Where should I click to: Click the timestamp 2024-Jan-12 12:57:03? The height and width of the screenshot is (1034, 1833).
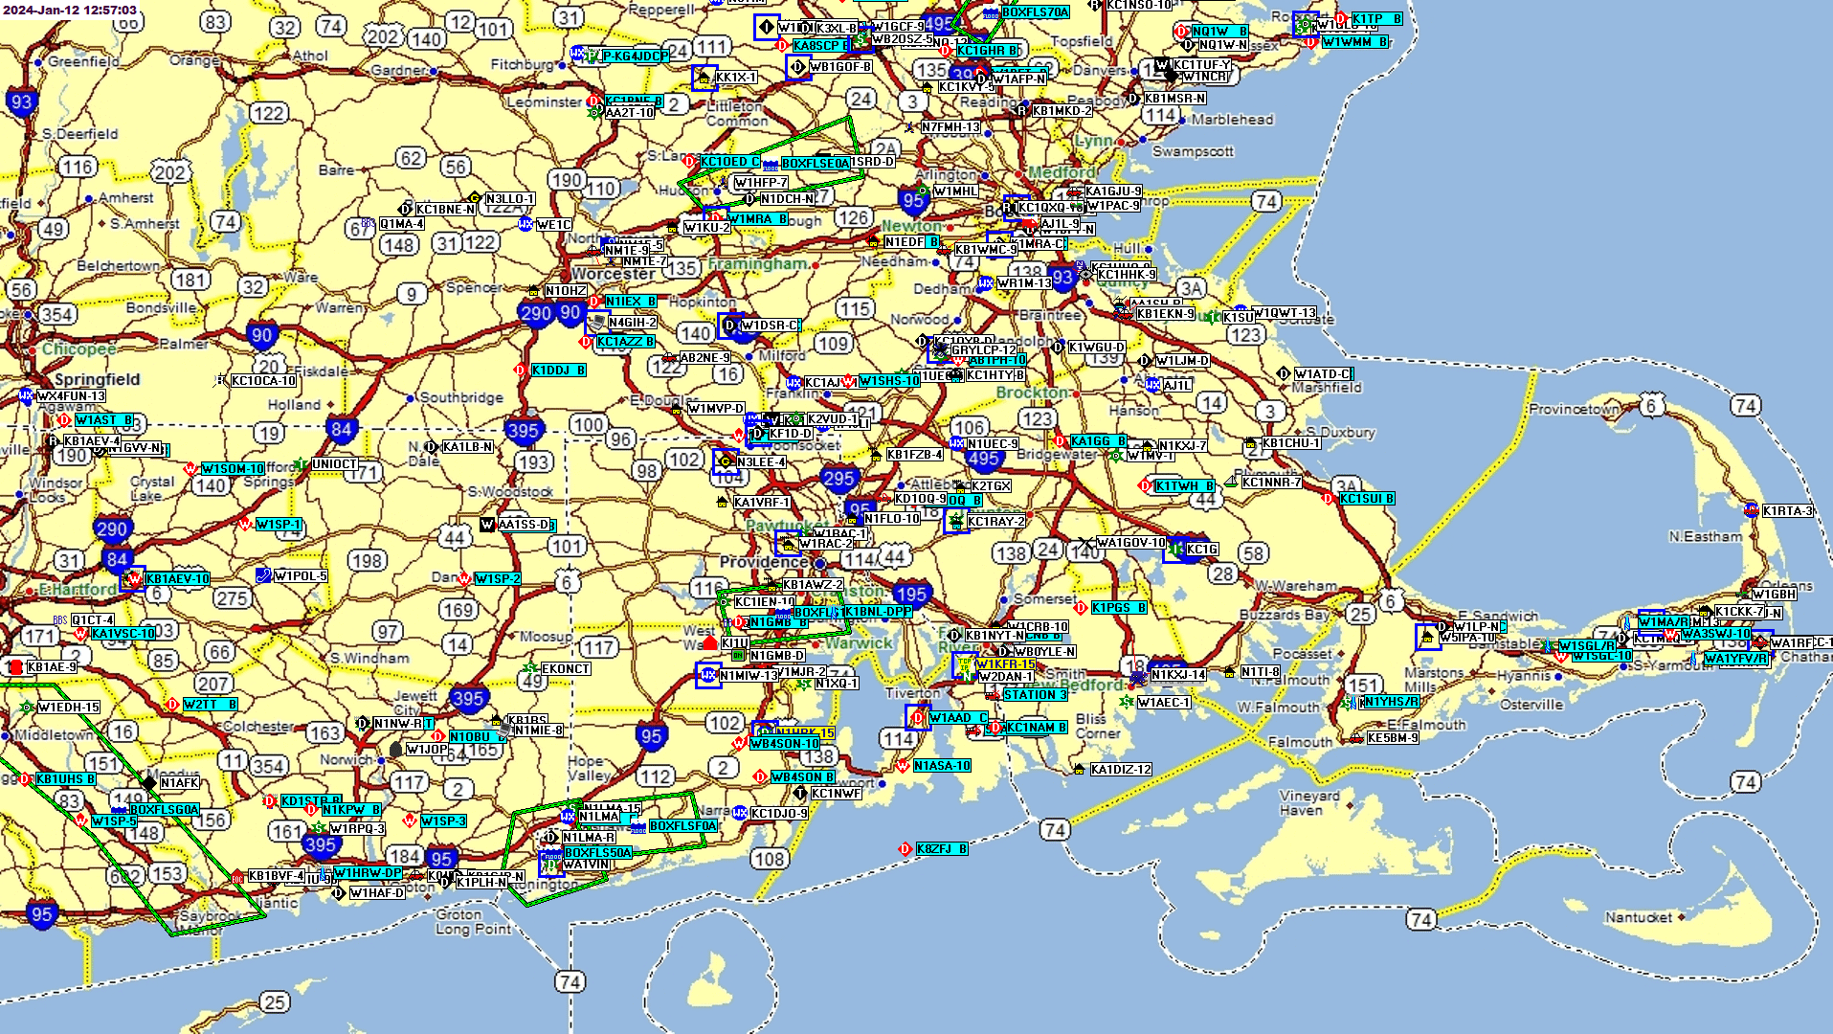pos(71,10)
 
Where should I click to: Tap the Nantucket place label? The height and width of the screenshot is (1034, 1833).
pos(1638,917)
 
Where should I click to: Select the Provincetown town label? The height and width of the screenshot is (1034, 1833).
pos(1574,409)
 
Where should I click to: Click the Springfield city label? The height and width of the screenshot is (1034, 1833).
pos(97,379)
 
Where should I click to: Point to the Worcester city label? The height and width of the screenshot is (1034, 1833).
pos(613,274)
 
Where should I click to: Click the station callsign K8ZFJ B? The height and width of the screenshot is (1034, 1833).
pos(942,849)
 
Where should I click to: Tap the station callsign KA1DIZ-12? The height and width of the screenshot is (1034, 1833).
pos(1121,770)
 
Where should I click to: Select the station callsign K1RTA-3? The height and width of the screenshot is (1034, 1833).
pos(1787,511)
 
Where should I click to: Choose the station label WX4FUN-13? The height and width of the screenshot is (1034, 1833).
pos(71,396)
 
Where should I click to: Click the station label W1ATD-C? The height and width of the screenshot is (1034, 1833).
pos(1323,374)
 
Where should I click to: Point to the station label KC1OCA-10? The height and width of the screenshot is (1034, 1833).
pos(263,381)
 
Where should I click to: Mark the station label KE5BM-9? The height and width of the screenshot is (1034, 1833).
pos(1393,738)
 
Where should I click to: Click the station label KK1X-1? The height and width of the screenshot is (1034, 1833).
pos(735,78)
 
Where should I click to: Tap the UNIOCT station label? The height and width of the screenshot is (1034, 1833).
pos(334,464)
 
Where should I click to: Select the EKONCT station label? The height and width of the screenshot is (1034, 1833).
pos(565,669)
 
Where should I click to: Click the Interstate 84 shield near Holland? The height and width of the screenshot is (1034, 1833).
pos(341,429)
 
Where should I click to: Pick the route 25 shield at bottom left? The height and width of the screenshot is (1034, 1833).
pos(275,1002)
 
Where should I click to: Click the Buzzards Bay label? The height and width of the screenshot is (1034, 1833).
pos(1284,615)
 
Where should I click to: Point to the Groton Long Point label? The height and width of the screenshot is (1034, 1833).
pos(473,922)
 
